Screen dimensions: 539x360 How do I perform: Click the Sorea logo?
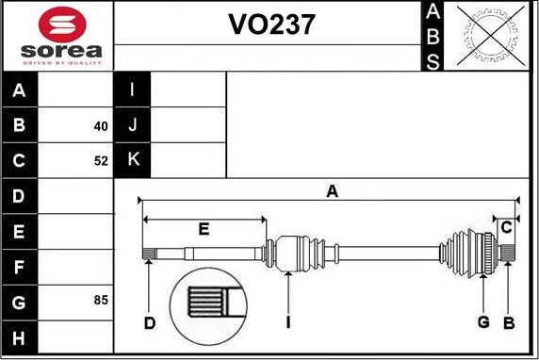tap(58, 36)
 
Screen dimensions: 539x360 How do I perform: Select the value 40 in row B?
tap(101, 125)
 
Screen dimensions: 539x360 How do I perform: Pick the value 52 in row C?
tap(101, 161)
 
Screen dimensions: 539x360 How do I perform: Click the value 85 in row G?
tap(101, 301)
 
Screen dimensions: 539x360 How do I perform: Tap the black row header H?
tap(20, 337)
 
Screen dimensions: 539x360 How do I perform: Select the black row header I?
tap(133, 90)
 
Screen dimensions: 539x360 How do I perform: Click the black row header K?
tap(133, 160)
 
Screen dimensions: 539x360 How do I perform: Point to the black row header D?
tap(20, 197)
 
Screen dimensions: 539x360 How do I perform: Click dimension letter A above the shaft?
tap(332, 192)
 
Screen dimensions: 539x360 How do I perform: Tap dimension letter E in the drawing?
tap(204, 228)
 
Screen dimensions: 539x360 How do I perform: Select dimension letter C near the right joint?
tap(507, 227)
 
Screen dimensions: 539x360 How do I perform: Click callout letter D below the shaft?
tap(150, 324)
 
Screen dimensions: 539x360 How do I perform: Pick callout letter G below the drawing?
tap(483, 323)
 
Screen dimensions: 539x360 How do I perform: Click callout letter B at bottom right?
tap(508, 323)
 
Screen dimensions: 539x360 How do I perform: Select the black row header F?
tap(20, 267)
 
